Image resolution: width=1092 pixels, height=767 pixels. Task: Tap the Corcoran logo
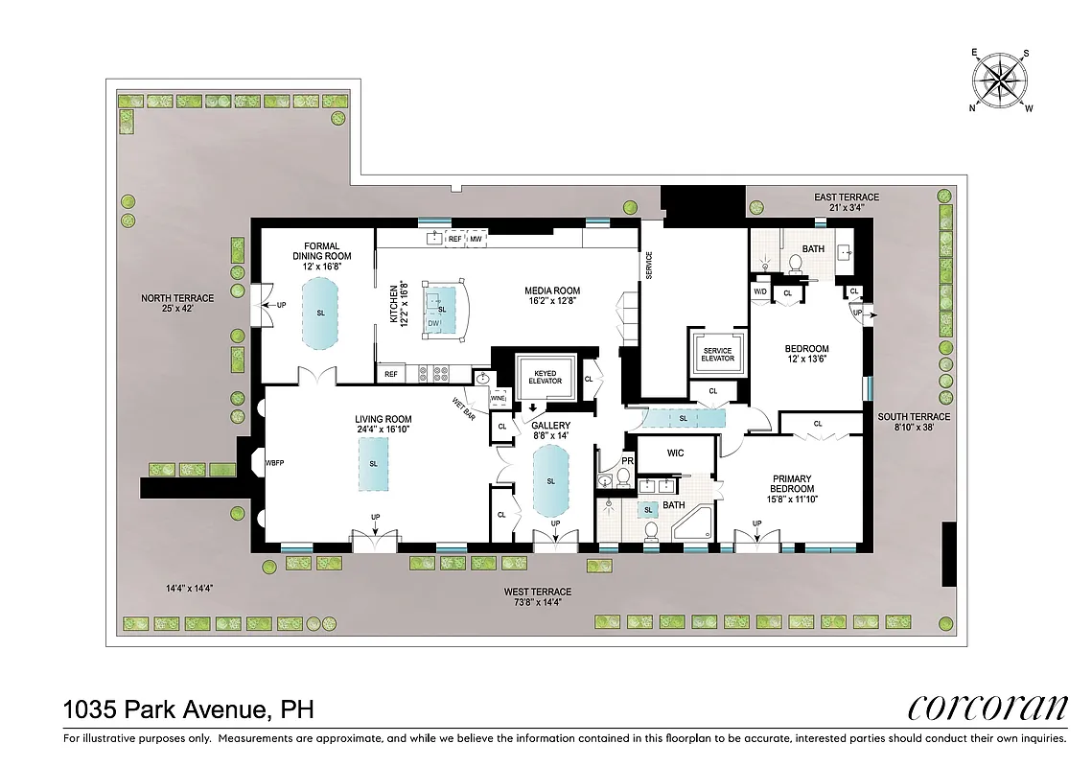[987, 709]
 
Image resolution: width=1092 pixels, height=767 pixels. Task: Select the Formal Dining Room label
[322, 251]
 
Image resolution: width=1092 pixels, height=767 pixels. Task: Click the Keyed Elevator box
[546, 376]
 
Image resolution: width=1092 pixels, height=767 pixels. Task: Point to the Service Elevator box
[717, 355]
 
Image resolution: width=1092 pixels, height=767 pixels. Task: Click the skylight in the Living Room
[373, 463]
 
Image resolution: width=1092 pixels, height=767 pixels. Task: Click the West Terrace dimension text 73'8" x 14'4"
[538, 603]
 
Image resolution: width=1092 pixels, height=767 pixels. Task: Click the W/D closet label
[760, 291]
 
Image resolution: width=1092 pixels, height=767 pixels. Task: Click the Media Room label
[551, 296]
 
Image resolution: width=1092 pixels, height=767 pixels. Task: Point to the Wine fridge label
[498, 397]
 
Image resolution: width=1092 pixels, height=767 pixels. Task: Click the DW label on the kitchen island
[434, 324]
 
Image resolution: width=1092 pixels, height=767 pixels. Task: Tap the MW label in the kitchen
[476, 239]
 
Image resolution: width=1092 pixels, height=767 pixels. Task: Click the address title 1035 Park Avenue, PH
[188, 710]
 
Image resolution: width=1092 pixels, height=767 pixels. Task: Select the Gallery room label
[551, 430]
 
